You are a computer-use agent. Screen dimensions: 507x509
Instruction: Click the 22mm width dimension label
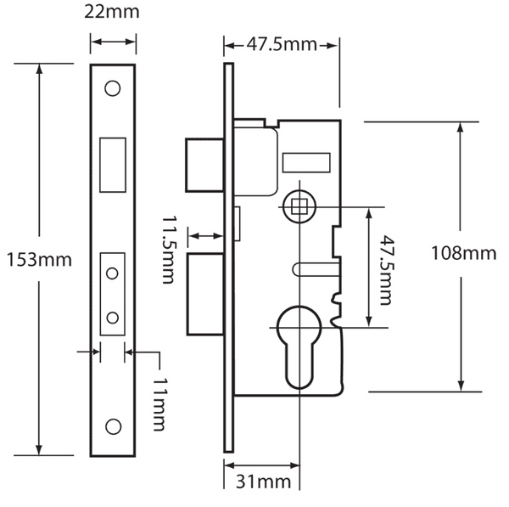[113, 13]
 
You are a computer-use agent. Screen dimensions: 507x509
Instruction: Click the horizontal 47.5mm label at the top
[281, 43]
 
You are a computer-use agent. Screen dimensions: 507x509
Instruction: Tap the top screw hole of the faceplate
[112, 88]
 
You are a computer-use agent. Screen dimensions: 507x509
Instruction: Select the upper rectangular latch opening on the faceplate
[112, 163]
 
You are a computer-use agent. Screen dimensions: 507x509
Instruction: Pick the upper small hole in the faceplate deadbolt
[112, 274]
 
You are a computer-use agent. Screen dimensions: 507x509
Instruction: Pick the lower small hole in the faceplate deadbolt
[112, 318]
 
